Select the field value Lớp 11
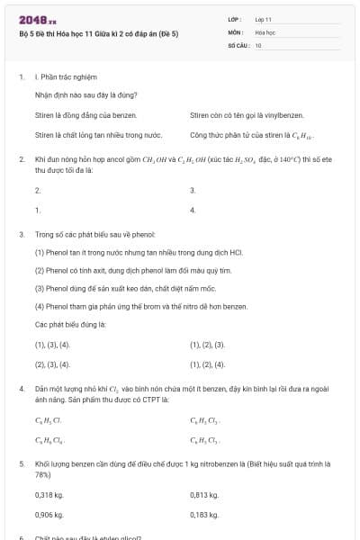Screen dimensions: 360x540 click(x=265, y=19)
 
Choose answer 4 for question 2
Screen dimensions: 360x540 click(x=193, y=211)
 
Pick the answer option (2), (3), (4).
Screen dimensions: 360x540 click(x=52, y=364)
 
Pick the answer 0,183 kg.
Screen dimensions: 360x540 click(x=204, y=515)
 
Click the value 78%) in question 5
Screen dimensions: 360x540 click(x=43, y=473)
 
